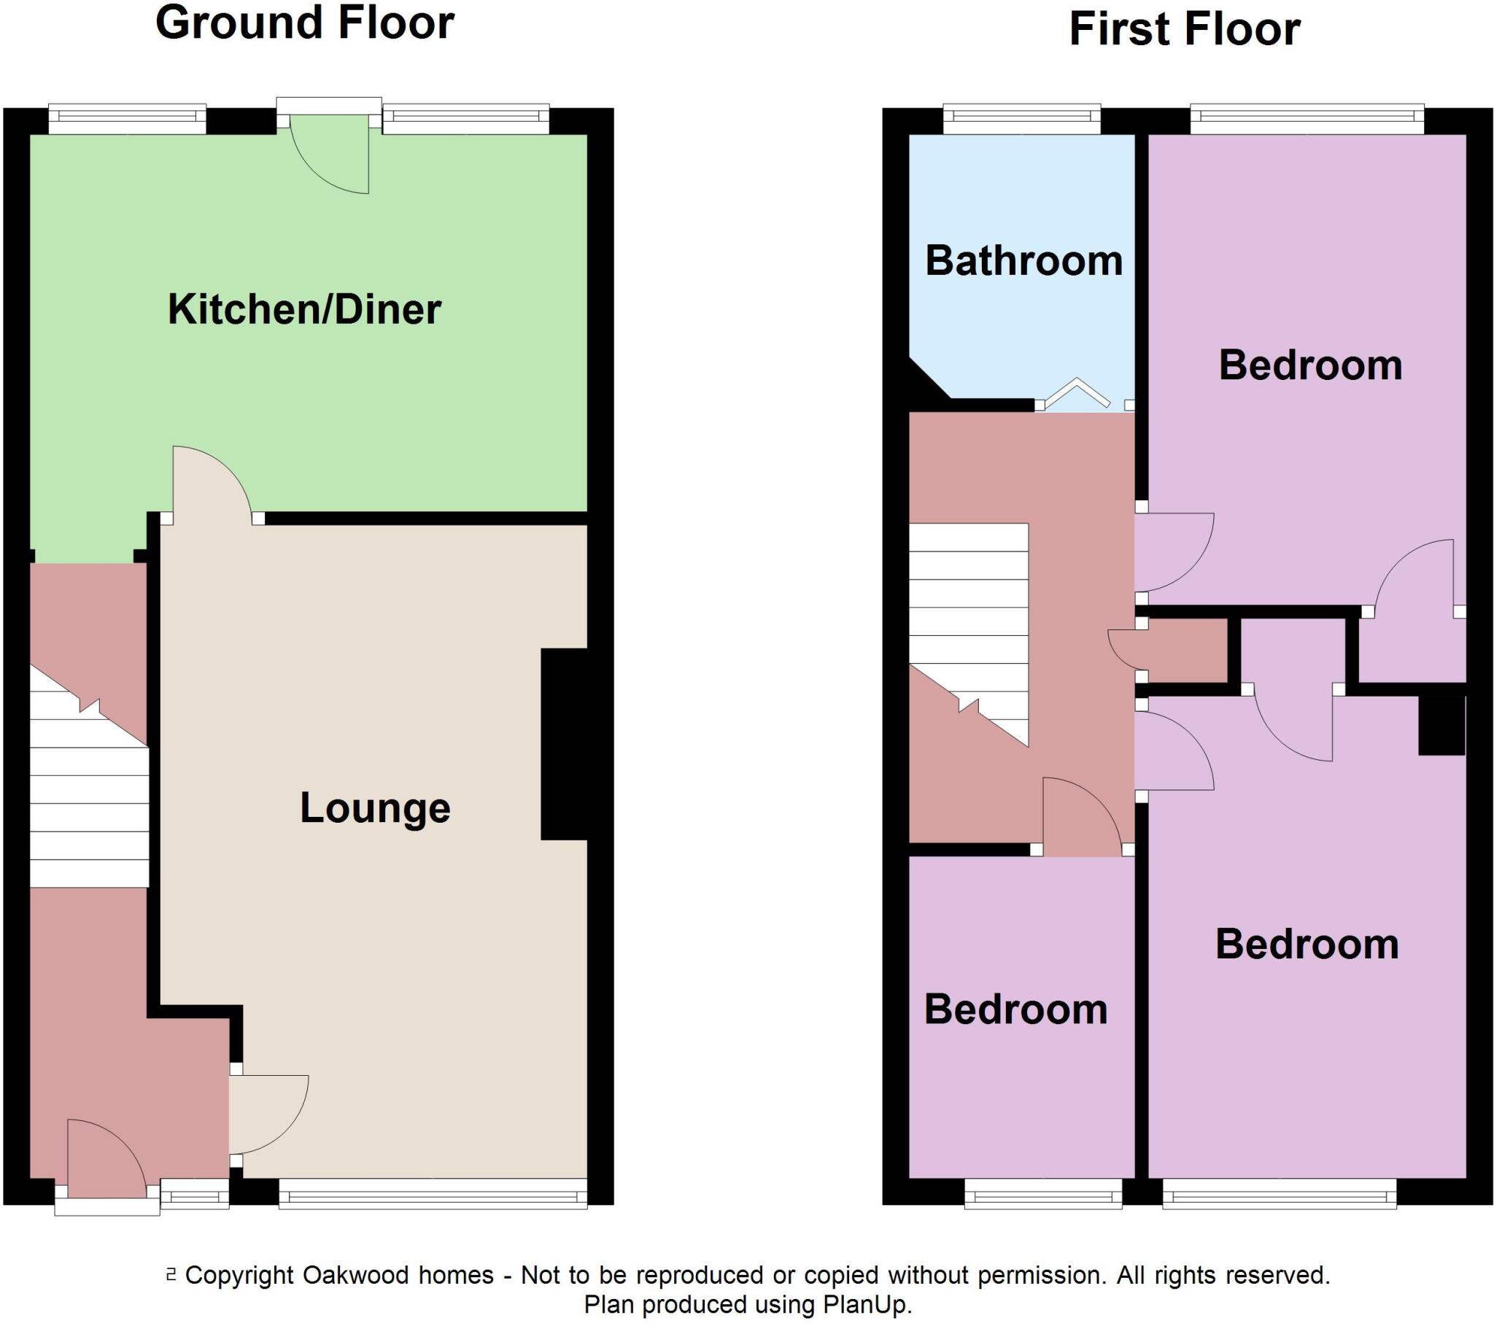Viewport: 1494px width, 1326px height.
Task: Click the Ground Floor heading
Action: tap(305, 23)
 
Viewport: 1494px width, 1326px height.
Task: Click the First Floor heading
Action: tap(1184, 30)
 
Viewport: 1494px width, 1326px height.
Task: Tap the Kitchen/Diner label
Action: tap(304, 309)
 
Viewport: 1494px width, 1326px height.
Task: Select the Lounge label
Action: tap(375, 808)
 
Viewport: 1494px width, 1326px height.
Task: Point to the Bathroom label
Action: tap(1023, 261)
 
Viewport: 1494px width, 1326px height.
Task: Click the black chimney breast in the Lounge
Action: tap(565, 743)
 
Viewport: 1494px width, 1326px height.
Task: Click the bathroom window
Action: tap(1021, 118)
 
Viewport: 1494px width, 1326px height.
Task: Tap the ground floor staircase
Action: tap(89, 796)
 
